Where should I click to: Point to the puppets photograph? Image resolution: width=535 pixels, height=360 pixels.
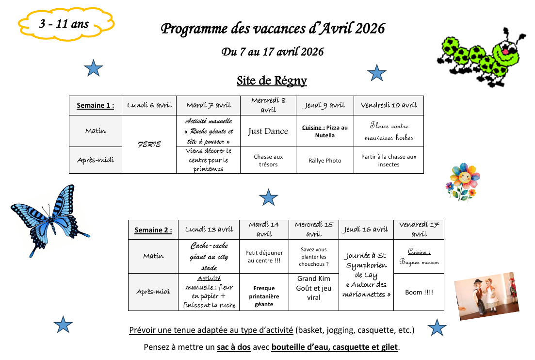[486, 296]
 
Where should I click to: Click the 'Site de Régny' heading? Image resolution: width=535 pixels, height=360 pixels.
[272, 80]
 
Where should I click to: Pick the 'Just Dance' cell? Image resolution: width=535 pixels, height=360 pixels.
[268, 131]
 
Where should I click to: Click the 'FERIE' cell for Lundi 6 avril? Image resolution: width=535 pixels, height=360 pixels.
[149, 145]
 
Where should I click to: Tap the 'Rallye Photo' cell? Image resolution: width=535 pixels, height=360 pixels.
[324, 161]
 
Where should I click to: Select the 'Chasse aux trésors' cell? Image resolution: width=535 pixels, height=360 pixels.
[268, 161]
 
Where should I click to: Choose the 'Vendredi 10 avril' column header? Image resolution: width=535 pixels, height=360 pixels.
[389, 105]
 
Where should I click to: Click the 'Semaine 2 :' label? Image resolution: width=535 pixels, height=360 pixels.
[153, 230]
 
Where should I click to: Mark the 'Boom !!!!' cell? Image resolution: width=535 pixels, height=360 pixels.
[419, 292]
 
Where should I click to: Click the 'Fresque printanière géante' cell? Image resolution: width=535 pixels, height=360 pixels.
[264, 296]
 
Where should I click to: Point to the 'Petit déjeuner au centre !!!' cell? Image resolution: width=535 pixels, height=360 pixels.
[264, 256]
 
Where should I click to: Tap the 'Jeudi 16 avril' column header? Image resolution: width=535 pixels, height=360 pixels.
[366, 229]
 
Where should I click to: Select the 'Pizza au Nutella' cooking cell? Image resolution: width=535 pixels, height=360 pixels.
[324, 131]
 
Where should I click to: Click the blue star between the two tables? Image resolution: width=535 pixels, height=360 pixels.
[268, 197]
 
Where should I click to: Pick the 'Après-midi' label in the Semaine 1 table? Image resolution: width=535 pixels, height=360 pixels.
[96, 160]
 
